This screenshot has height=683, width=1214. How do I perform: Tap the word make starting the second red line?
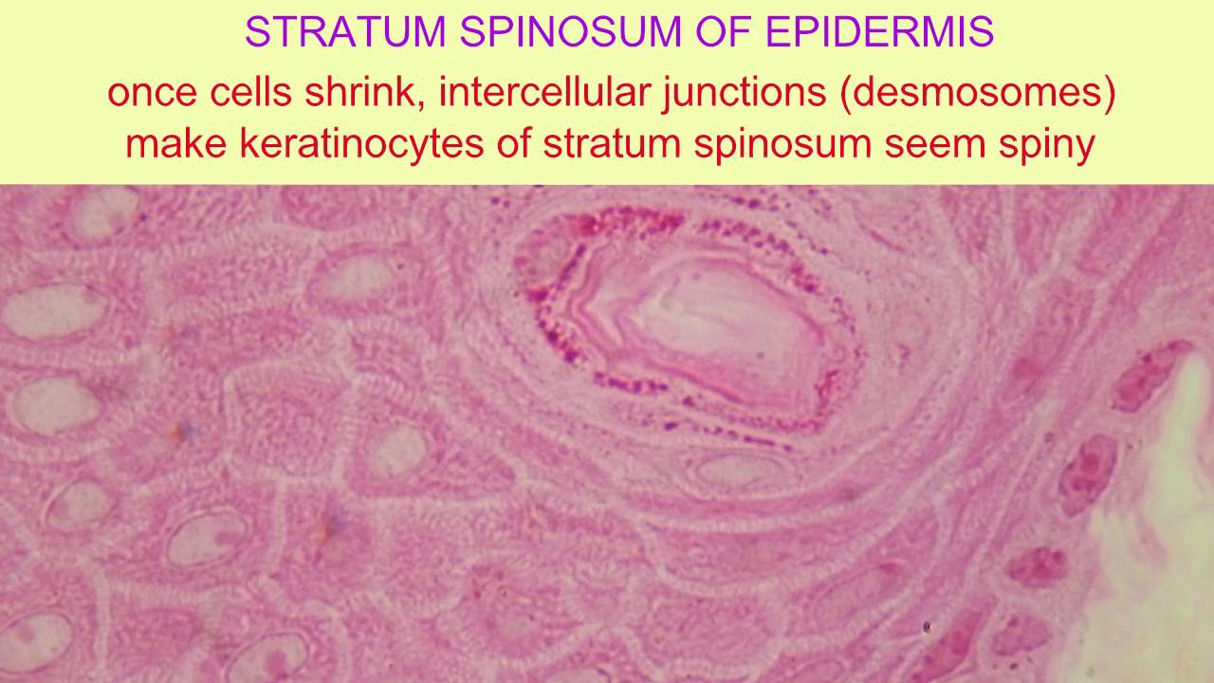tap(175, 145)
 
